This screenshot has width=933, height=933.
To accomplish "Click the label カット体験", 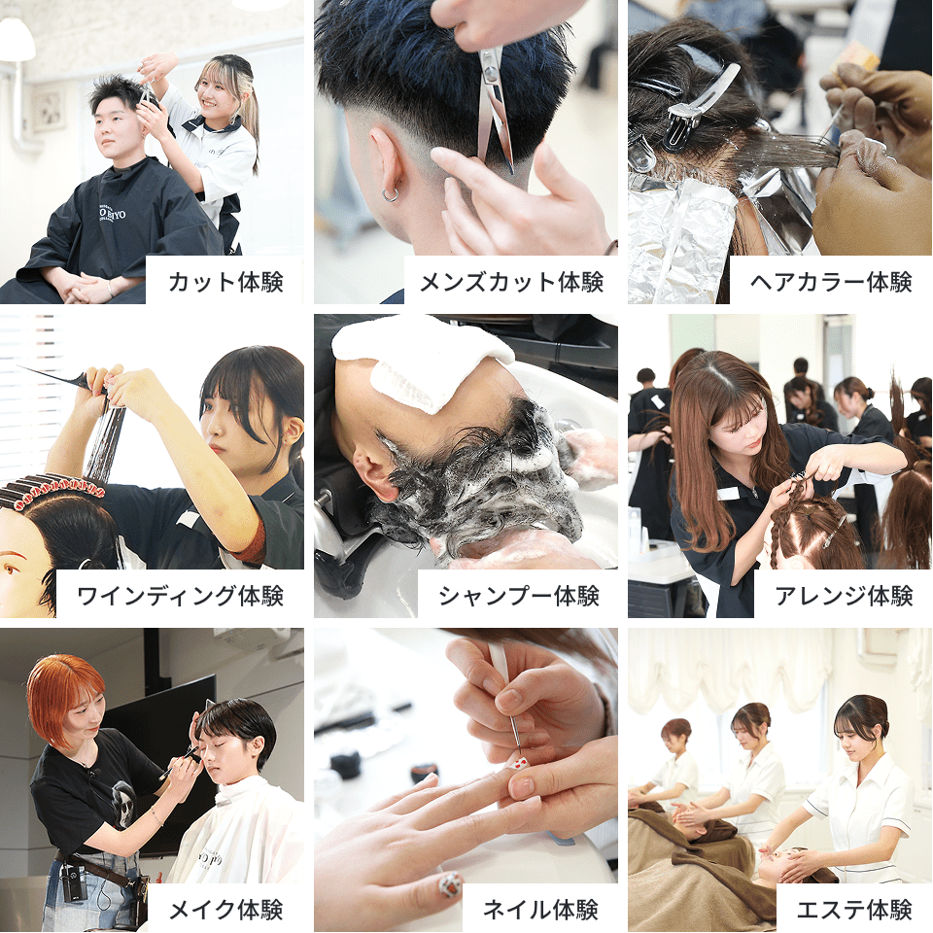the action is [225, 282].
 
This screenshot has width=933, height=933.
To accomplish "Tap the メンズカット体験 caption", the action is [512, 282].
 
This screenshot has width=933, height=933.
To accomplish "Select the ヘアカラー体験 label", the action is [831, 282].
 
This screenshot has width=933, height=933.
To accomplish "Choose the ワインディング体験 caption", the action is [181, 596].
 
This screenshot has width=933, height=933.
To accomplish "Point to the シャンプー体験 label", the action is [518, 596].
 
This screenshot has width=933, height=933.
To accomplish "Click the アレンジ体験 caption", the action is [844, 596].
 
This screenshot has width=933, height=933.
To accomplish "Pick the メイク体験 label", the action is [225, 910].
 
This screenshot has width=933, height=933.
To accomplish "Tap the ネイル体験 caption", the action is [540, 910].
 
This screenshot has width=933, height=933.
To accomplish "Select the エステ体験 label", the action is [854, 910].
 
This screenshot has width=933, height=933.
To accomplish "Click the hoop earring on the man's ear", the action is [391, 194].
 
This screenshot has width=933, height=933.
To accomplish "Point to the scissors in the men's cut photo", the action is [496, 107].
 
